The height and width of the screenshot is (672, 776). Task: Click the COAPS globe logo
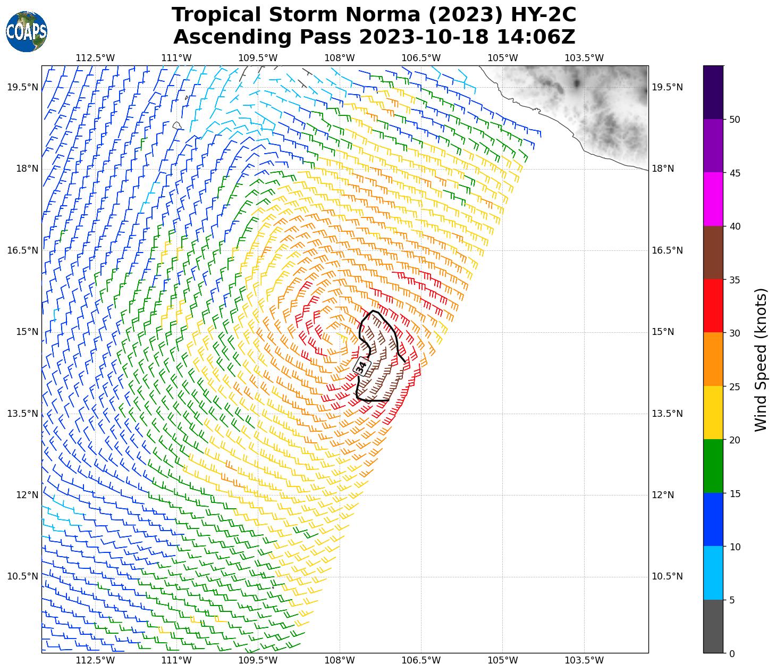coord(27,32)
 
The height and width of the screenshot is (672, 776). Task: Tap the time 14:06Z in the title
coord(536,37)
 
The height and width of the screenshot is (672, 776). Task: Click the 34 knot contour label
coord(361,367)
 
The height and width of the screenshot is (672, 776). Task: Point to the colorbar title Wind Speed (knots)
coord(761,359)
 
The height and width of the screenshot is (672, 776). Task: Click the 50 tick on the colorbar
coord(735,120)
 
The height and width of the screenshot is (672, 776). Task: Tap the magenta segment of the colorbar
coord(713,199)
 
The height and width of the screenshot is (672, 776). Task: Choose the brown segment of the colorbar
coord(713,253)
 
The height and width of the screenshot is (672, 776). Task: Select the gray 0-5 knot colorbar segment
coord(713,626)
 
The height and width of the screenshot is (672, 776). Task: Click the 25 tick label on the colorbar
coord(735,387)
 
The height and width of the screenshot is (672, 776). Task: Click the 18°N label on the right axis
coord(663,169)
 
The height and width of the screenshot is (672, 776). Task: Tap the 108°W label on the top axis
coord(340,58)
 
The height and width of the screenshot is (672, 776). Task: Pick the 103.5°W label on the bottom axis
coord(584,661)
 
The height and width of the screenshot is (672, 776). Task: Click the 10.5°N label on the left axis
coord(23,577)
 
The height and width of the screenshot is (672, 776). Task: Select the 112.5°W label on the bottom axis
coord(95,661)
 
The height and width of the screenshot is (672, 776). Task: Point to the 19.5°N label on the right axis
coord(667,88)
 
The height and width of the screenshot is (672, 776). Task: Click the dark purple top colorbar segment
coord(713,92)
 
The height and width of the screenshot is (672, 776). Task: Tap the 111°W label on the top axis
coord(176,58)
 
